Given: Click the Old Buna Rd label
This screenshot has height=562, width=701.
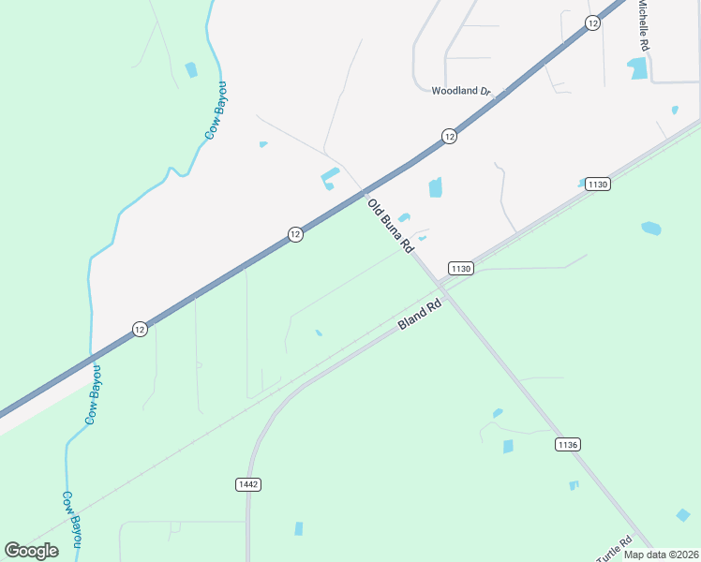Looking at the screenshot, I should (x=391, y=226).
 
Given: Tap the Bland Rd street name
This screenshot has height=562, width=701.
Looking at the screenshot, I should (x=419, y=315).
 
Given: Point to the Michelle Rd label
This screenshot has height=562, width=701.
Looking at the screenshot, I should (x=644, y=25).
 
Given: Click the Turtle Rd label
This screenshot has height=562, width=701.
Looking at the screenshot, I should (x=614, y=548).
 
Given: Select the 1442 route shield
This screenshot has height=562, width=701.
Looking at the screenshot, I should (x=247, y=484).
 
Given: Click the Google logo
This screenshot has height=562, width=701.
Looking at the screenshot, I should (x=31, y=550).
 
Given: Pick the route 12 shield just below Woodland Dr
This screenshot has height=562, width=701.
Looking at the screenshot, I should (x=450, y=137).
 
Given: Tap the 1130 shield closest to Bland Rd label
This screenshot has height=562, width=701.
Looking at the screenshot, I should (x=460, y=269).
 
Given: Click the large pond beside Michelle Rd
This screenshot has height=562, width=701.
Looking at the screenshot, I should (x=638, y=67).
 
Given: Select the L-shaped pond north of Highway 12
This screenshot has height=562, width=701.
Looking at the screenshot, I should (x=330, y=177).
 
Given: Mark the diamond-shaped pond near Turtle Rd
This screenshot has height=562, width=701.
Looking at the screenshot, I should (x=683, y=514).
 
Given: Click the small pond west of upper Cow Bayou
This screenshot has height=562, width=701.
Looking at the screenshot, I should (x=191, y=69).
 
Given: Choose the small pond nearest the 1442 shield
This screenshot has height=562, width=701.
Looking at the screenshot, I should (x=299, y=528).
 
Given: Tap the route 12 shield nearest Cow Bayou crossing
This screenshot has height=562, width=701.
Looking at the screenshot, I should (x=139, y=329).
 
